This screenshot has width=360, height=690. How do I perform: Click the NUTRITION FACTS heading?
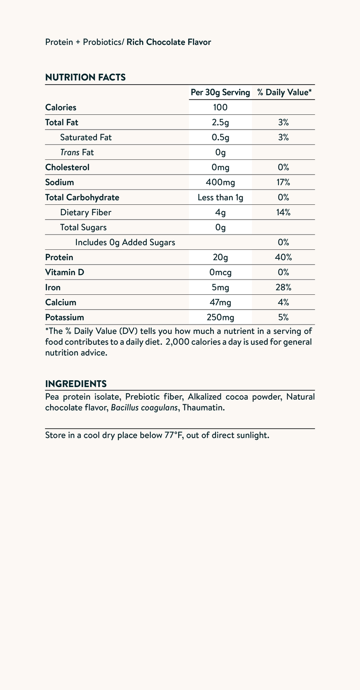click(85, 77)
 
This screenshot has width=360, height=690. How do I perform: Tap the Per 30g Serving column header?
click(220, 92)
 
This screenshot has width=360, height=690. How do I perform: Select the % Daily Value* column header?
click(284, 92)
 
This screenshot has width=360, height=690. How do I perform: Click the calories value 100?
click(220, 107)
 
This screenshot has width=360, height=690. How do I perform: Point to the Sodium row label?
click(59, 182)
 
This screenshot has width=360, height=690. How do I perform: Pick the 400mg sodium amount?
click(220, 182)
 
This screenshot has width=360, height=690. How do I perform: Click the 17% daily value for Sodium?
click(283, 182)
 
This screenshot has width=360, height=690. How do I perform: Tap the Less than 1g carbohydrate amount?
click(220, 197)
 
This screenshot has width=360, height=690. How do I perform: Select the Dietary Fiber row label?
click(85, 212)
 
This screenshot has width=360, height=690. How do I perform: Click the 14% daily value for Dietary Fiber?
click(283, 212)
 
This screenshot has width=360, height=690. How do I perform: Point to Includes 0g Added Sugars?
click(125, 242)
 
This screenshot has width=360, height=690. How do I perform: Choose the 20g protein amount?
click(220, 257)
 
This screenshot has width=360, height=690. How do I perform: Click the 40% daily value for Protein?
click(283, 257)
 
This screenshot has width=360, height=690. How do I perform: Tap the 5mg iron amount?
click(220, 287)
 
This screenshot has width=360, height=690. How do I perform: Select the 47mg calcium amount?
click(220, 302)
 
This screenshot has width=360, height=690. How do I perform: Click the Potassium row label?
click(65, 317)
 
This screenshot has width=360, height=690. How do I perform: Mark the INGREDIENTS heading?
click(76, 384)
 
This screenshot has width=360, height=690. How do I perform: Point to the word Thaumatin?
click(203, 408)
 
